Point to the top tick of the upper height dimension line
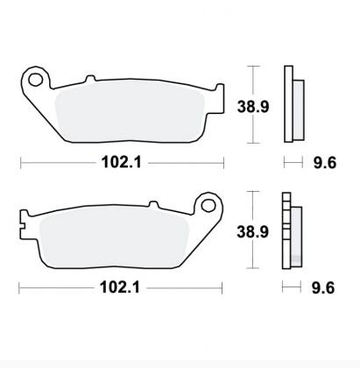252,67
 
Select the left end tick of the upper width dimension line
21,162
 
